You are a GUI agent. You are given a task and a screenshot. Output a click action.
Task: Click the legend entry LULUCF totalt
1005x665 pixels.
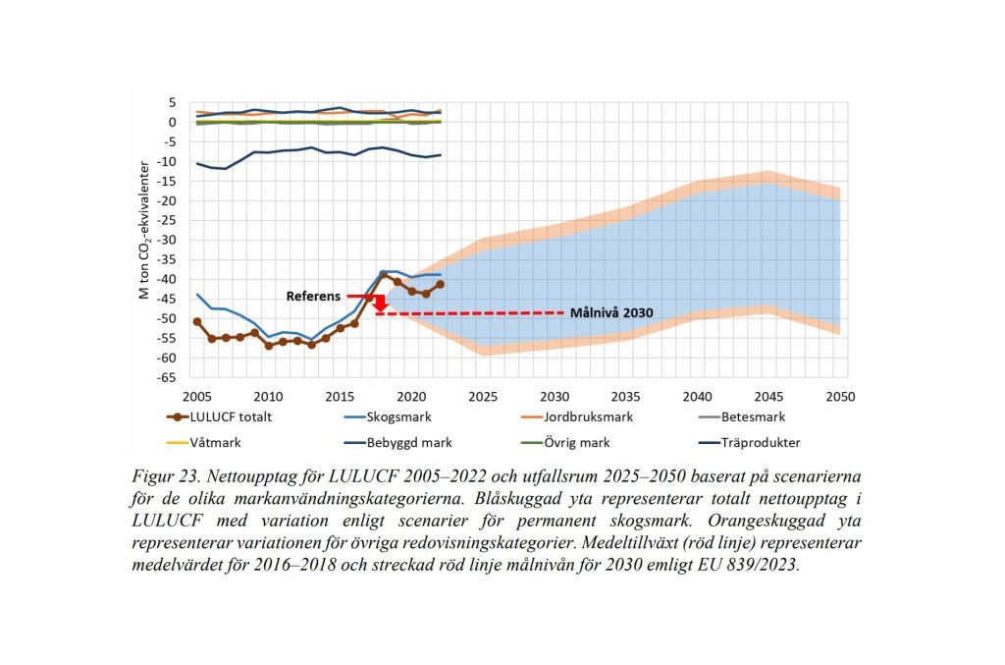tap(219, 416)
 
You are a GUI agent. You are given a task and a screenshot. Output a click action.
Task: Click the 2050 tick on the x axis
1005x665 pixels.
tap(840, 396)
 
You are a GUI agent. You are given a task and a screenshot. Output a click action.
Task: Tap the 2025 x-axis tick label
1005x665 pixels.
tap(483, 396)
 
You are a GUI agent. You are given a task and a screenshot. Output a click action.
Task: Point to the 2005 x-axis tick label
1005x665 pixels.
tap(197, 396)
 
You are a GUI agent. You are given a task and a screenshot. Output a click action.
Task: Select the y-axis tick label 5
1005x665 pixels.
tap(172, 102)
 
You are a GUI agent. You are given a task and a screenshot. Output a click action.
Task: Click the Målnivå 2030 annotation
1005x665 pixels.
tap(612, 313)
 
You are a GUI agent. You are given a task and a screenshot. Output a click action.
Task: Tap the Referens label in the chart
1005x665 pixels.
tap(314, 296)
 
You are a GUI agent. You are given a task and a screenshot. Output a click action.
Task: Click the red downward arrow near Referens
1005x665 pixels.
tap(380, 305)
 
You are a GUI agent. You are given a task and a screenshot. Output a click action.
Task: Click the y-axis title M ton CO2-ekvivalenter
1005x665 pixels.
tap(143, 230)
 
